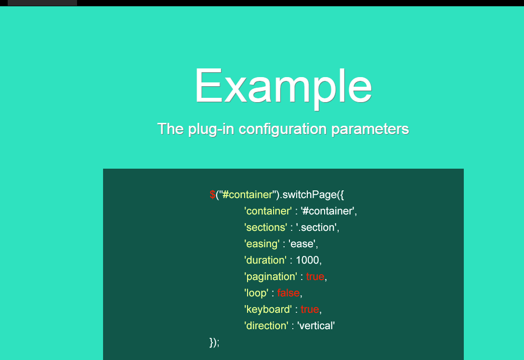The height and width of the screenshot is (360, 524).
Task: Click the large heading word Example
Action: coord(283,86)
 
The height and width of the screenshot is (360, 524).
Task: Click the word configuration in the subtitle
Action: coord(282,130)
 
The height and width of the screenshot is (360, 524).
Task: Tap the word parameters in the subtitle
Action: coord(370,130)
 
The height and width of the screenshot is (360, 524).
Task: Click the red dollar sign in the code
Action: coord(212,195)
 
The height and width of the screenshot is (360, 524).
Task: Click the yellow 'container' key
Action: coord(268,211)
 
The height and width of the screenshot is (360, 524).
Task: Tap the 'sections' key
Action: coord(266,227)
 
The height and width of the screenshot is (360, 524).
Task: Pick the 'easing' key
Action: coord(262,244)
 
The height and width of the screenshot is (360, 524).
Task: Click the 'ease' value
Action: coord(302,244)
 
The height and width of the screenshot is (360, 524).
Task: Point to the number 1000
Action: coord(307,260)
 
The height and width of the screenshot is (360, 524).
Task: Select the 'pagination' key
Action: coord(271,277)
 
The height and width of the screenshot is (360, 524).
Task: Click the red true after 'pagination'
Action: coord(315,277)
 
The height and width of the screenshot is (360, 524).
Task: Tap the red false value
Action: coord(288,293)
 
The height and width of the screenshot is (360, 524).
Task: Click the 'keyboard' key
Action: coord(268,309)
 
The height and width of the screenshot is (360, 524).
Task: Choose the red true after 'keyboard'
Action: coord(310,309)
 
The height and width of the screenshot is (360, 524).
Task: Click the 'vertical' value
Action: coord(316,326)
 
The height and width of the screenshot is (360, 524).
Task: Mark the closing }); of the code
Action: coord(214,342)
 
